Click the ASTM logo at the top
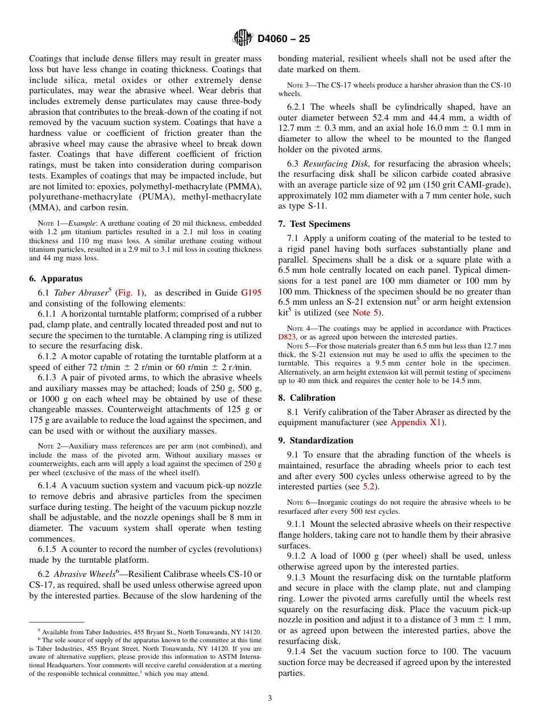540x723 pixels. [x=243, y=39]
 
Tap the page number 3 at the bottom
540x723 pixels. [x=270, y=698]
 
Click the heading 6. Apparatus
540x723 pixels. [x=56, y=279]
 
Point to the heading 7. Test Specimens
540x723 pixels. [x=314, y=224]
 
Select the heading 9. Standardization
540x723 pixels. [x=315, y=441]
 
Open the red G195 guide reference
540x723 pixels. [x=251, y=293]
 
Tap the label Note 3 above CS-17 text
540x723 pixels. [x=298, y=85]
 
